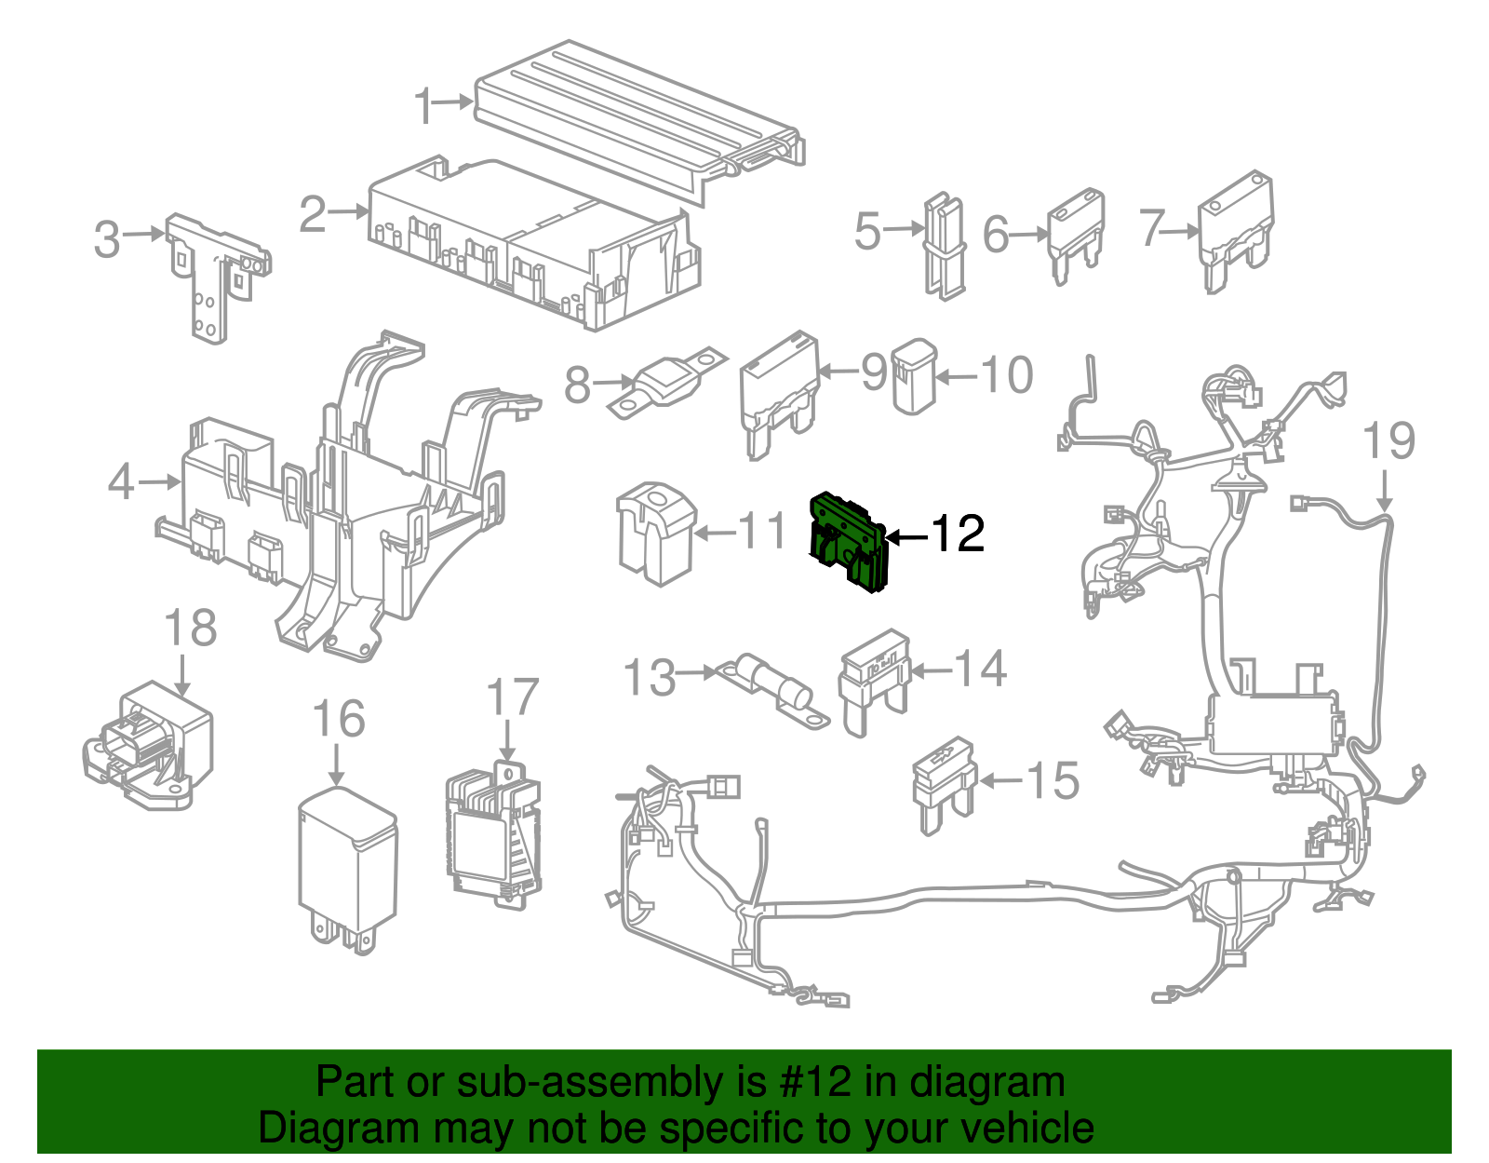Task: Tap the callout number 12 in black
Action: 957,534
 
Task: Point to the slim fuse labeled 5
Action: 943,246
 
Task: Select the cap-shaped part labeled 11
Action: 656,532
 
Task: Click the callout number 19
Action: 1388,440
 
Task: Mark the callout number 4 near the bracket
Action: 121,482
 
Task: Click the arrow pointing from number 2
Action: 349,211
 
